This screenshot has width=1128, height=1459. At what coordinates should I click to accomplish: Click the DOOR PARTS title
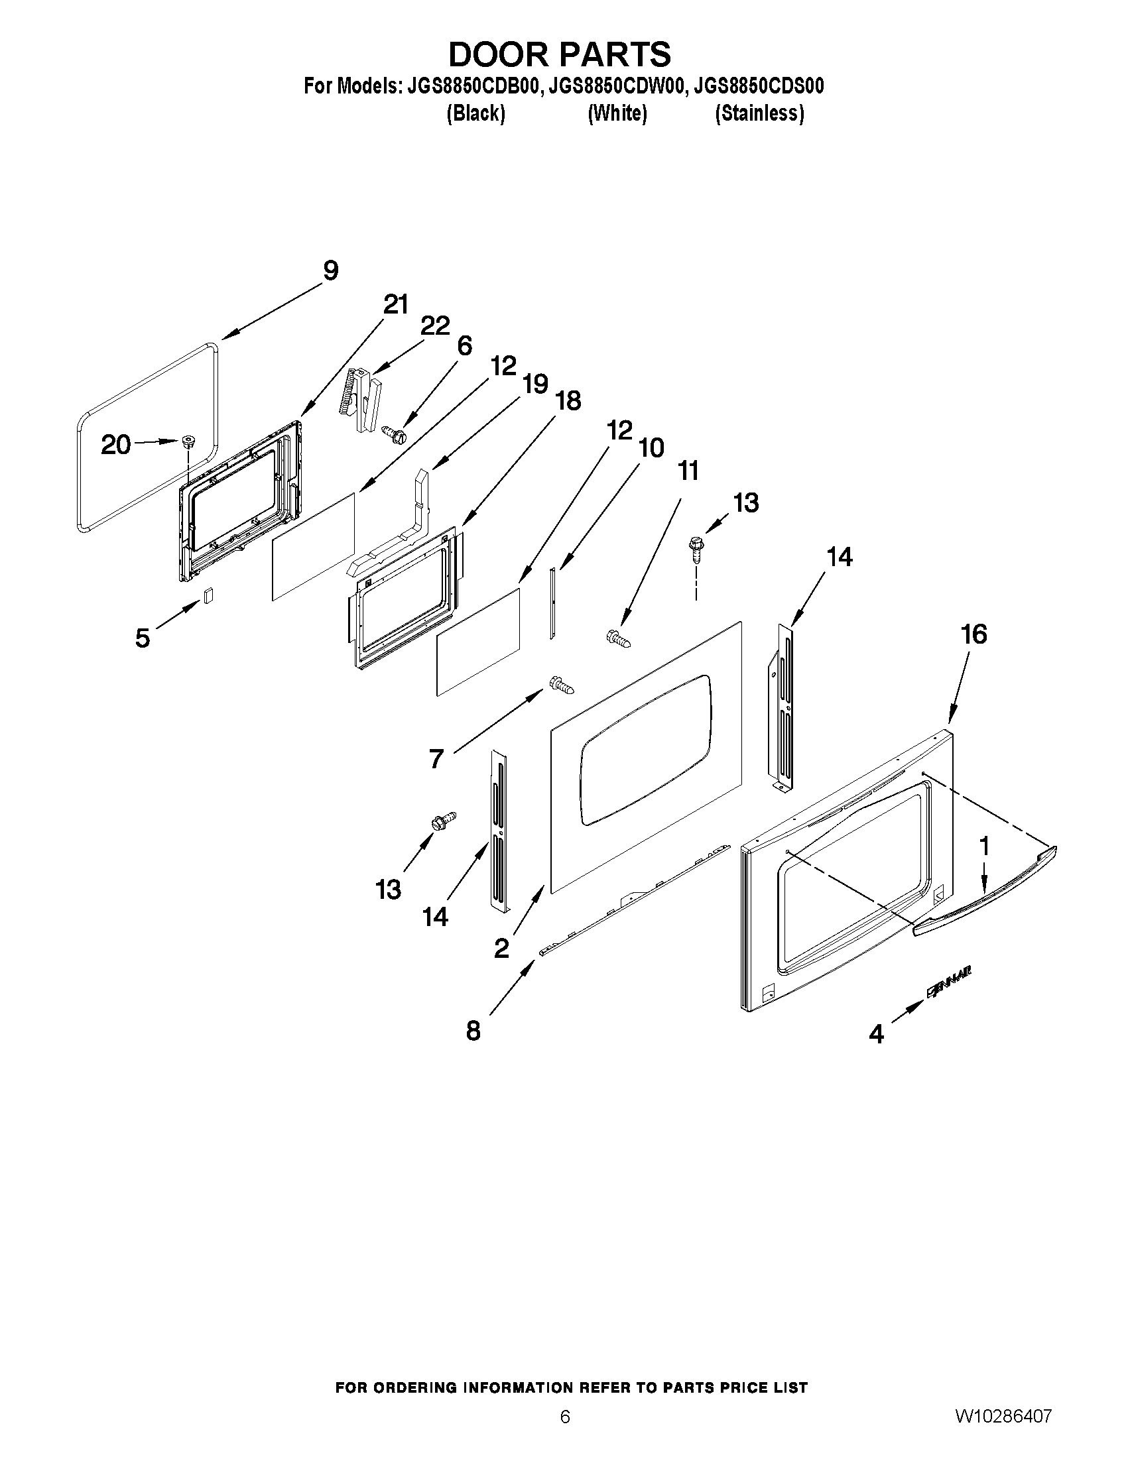coord(559,55)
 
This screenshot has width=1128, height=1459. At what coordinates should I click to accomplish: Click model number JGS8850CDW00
coord(617,87)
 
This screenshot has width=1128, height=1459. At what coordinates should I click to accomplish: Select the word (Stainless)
coord(759,113)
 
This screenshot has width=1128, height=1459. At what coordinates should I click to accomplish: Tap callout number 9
coord(330,271)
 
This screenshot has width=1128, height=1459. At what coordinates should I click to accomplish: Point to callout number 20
coord(115,445)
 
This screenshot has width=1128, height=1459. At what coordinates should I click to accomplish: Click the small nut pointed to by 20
coord(188,441)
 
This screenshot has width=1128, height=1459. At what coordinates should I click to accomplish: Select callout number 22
coord(435,326)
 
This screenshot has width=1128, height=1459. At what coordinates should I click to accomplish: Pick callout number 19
coord(535,384)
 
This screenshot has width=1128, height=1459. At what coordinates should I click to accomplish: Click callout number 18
coord(568,401)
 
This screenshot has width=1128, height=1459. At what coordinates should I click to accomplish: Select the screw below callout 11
coord(619,638)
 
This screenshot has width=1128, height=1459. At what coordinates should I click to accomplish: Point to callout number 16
coord(973,634)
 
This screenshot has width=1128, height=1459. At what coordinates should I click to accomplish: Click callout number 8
coord(473,1031)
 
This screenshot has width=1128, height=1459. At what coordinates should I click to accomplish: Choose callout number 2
coord(501,948)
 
